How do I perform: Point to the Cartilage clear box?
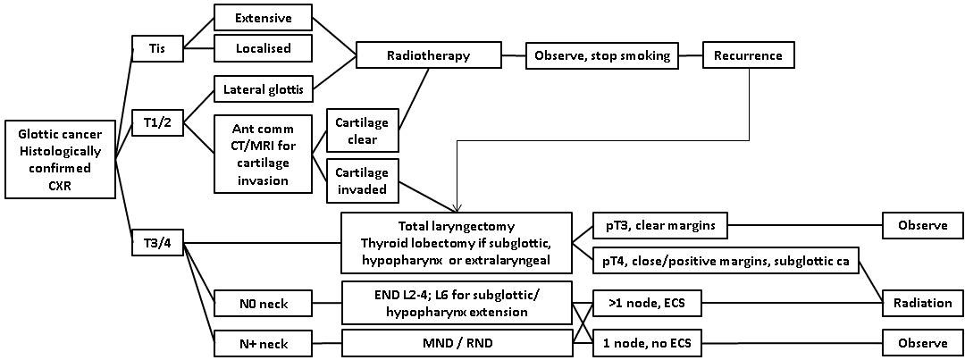361,132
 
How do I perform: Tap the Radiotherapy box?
427,55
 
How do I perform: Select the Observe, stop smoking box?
601,55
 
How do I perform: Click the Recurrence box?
748,55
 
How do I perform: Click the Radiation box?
922,302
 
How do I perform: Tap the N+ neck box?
262,343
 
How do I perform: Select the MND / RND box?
457,343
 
